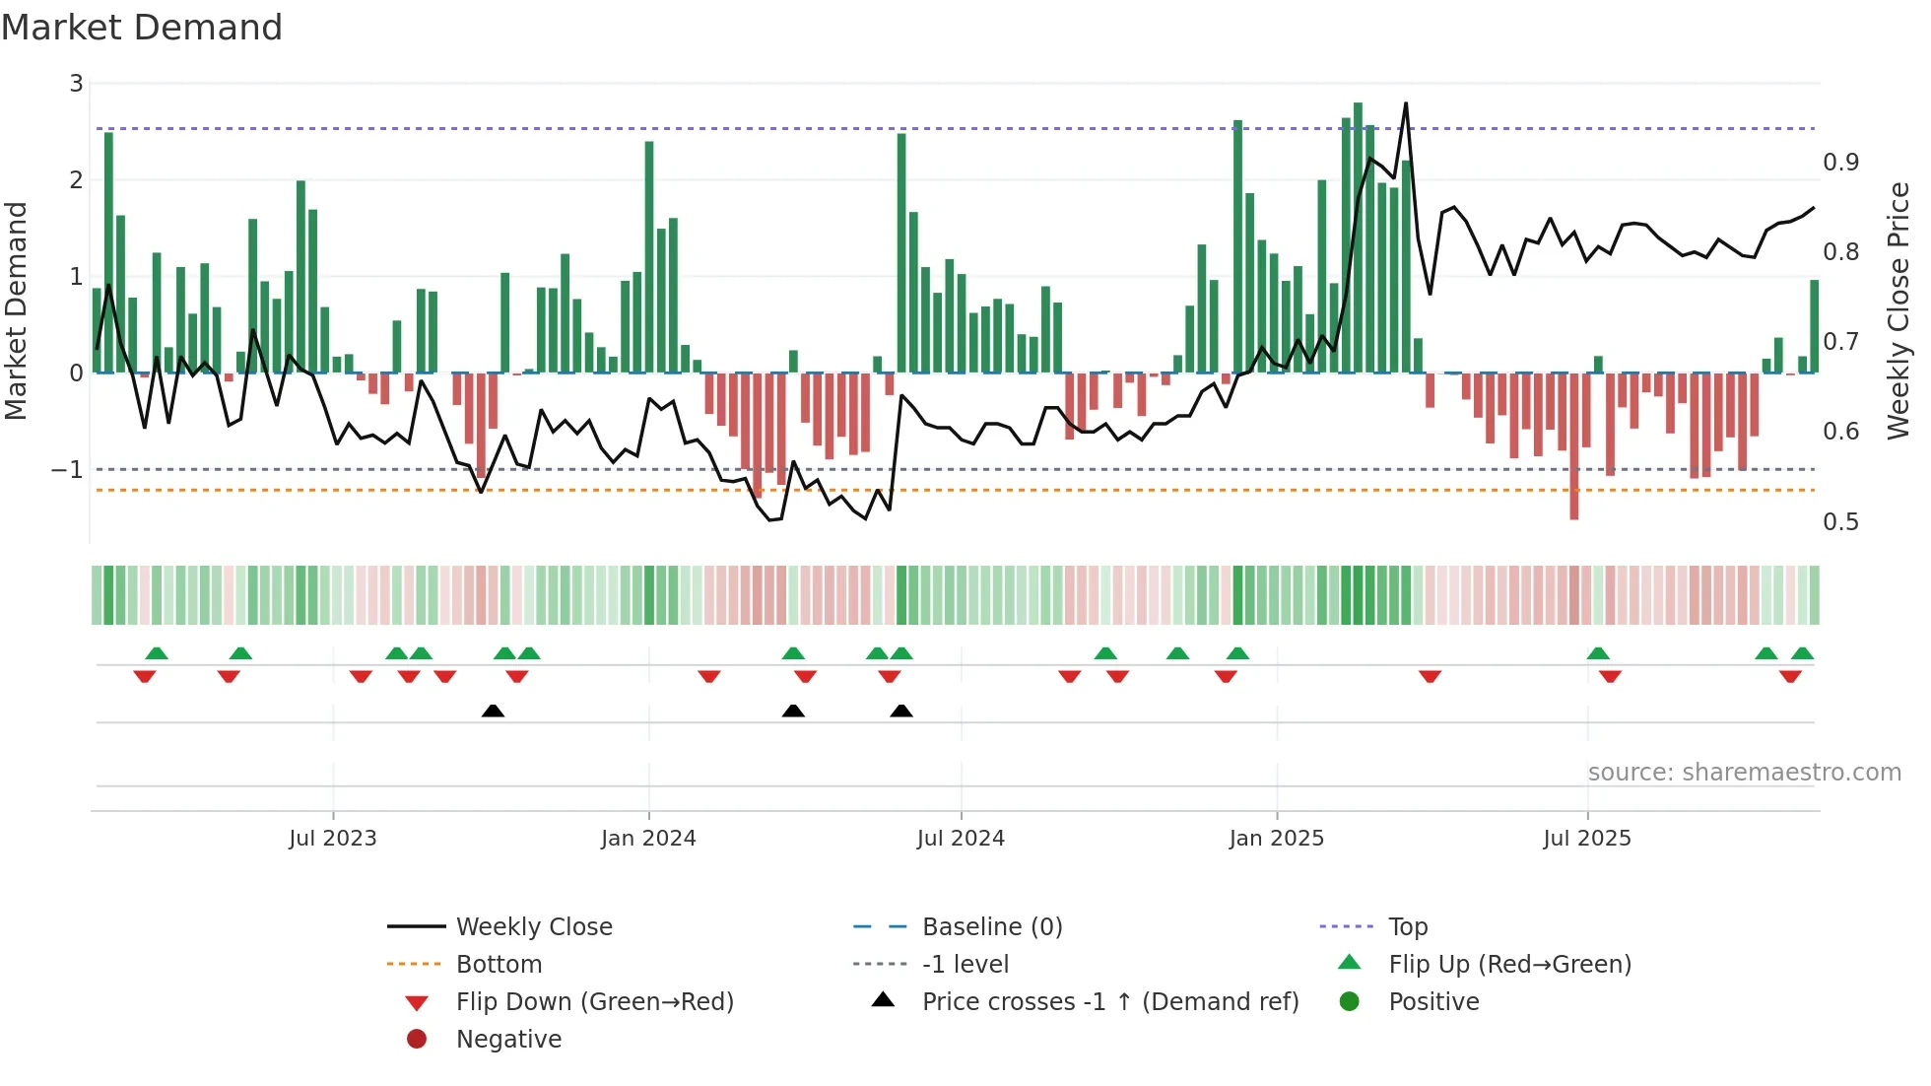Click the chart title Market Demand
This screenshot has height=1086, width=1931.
[x=142, y=28]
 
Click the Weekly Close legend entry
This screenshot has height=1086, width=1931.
[x=533, y=926]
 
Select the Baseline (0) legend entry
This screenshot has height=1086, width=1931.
[x=991, y=926]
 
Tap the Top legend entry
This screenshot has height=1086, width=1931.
[x=1407, y=926]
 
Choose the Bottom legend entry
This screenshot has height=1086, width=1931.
[x=499, y=964]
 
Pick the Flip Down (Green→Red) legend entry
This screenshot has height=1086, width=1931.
[x=594, y=1001]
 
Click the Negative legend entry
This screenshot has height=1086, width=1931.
[x=508, y=1039]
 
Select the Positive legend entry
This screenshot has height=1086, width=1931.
[x=1433, y=1001]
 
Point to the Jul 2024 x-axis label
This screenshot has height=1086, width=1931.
[x=961, y=838]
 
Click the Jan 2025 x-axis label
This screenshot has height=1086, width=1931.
[x=1276, y=838]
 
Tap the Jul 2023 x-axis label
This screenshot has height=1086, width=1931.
[x=333, y=838]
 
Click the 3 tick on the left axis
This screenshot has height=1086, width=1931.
[x=76, y=84]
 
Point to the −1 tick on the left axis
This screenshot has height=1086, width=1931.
[x=67, y=469]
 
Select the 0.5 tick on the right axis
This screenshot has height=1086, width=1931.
[x=1840, y=521]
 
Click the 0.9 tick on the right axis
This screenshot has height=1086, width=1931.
[x=1840, y=162]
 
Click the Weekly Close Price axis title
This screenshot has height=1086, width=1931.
[x=1898, y=310]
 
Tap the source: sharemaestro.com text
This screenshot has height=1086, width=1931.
[x=1744, y=772]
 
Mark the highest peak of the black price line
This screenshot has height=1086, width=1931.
[x=1406, y=103]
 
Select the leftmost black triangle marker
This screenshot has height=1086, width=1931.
[x=493, y=711]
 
